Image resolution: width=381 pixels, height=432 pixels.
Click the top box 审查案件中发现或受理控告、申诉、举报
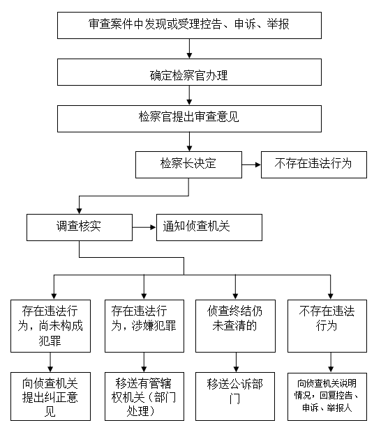click(x=189, y=25)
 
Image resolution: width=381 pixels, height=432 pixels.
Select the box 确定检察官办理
click(x=189, y=72)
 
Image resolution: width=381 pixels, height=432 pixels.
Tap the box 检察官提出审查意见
click(x=189, y=118)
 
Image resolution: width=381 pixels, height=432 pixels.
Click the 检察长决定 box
click(x=188, y=164)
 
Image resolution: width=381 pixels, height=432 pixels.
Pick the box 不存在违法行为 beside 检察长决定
click(x=314, y=164)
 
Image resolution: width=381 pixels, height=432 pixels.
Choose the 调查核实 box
click(x=80, y=228)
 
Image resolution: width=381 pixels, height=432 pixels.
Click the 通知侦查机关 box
click(x=209, y=228)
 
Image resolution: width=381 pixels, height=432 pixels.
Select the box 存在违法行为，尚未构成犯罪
click(x=50, y=326)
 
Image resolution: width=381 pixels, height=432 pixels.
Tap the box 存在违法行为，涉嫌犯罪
click(x=144, y=326)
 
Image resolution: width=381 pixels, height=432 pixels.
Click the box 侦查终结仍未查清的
click(x=235, y=326)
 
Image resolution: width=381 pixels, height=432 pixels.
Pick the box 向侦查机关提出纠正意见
click(x=50, y=396)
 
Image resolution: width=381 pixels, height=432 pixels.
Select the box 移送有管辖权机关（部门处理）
click(x=144, y=396)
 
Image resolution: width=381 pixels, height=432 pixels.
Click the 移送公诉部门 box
click(x=235, y=396)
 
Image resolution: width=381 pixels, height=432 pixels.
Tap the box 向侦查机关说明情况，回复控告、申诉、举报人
click(x=327, y=396)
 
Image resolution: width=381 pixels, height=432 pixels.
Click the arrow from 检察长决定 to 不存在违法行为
click(x=252, y=164)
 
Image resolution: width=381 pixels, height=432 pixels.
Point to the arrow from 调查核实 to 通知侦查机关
click(x=144, y=227)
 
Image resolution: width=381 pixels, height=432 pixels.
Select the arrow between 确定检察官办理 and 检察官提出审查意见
click(x=189, y=95)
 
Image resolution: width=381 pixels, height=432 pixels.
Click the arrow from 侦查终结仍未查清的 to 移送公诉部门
click(x=236, y=362)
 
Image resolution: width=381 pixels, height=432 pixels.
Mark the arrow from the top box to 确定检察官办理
click(x=189, y=49)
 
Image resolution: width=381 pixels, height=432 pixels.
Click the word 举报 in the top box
click(x=278, y=24)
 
